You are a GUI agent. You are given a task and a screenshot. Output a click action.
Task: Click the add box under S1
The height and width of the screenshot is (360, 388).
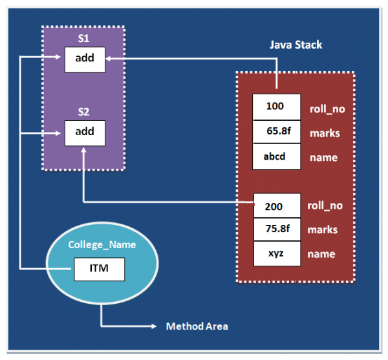(x=84, y=59)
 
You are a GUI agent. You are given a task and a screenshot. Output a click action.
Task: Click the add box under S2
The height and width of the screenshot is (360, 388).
(x=84, y=132)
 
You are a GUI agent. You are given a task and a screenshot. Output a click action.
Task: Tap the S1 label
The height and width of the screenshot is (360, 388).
(x=83, y=39)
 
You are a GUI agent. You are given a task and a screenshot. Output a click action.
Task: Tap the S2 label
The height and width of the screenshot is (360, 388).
(x=83, y=112)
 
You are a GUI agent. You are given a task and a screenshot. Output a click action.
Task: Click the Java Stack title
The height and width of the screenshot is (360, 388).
(x=296, y=45)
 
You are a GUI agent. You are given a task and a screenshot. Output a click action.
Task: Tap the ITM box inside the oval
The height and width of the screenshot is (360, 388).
(x=98, y=268)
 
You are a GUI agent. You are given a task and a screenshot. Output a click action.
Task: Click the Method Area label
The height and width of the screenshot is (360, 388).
(x=197, y=326)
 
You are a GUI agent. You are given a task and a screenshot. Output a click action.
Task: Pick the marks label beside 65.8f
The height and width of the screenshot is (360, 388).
(x=325, y=133)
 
